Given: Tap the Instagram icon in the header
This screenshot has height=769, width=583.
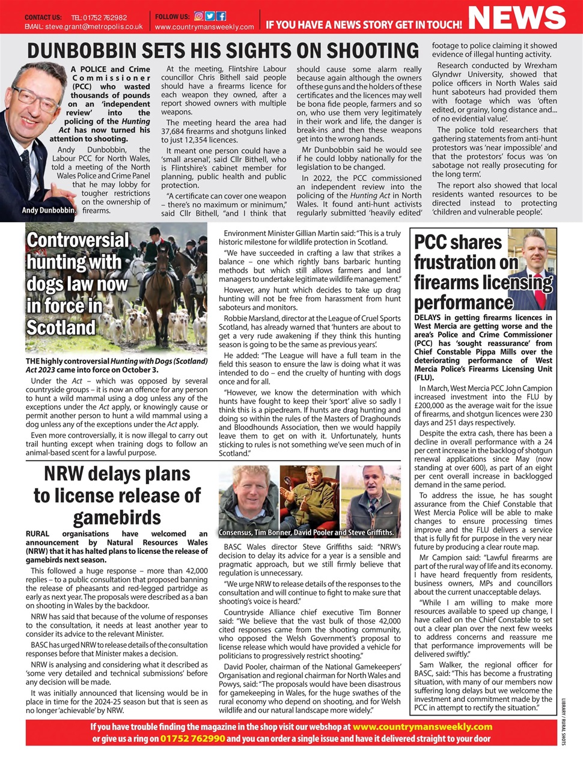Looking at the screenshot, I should [x=199, y=16].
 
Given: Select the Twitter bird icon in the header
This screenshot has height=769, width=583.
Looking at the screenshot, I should [x=210, y=16].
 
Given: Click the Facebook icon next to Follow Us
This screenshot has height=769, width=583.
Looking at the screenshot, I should [x=221, y=16].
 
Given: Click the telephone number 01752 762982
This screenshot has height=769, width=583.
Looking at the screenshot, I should [x=107, y=17].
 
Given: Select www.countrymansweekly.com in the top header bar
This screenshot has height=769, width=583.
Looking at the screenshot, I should [x=204, y=27].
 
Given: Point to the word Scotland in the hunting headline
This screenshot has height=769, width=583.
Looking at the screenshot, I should [x=61, y=327].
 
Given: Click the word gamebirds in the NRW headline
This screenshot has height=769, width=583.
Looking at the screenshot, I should [x=117, y=517].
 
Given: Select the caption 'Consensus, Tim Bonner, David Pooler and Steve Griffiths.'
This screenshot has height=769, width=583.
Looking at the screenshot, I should [x=307, y=532].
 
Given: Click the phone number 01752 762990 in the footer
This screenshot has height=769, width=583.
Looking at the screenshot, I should [x=192, y=738].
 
